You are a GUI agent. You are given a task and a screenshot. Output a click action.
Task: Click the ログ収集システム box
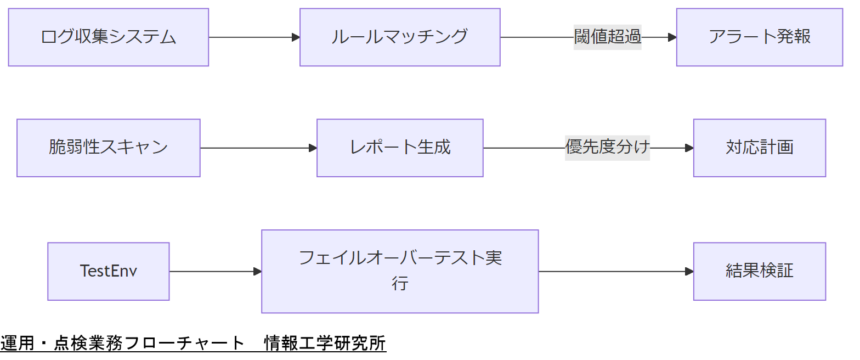point(108,37)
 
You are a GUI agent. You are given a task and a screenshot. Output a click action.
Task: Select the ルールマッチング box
point(400,37)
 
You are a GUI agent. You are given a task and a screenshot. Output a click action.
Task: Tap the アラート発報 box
point(759,37)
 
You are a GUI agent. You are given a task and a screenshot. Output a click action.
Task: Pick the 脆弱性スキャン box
point(108,148)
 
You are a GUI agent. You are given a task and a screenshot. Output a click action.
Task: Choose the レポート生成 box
point(400,148)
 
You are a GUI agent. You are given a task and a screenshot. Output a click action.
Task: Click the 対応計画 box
point(759,148)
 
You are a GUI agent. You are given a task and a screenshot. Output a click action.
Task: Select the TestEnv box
point(108,271)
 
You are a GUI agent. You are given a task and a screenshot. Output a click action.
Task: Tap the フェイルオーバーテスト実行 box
point(400,271)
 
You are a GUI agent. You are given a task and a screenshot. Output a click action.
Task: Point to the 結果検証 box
point(759,271)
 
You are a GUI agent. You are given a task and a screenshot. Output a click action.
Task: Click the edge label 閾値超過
point(607,37)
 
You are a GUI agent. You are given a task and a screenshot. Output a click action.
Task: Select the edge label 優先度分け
point(607,148)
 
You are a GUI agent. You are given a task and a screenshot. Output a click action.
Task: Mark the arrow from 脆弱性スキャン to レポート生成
point(258,148)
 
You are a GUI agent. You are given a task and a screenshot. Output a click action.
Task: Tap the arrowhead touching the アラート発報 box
point(672,37)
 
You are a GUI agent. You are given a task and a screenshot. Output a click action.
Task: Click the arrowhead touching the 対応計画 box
point(689,148)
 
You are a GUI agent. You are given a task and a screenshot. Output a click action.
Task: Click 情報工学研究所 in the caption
point(325,344)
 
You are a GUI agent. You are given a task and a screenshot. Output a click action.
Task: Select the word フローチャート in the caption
point(184,344)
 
